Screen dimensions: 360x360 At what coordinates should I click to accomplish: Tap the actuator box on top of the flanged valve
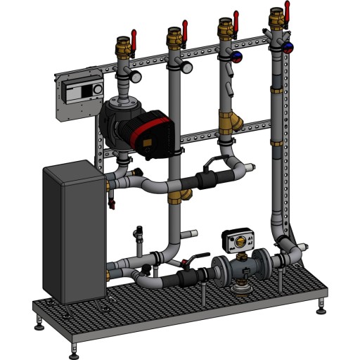[x=238, y=239]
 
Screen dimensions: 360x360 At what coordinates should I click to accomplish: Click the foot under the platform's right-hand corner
[x=323, y=307]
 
